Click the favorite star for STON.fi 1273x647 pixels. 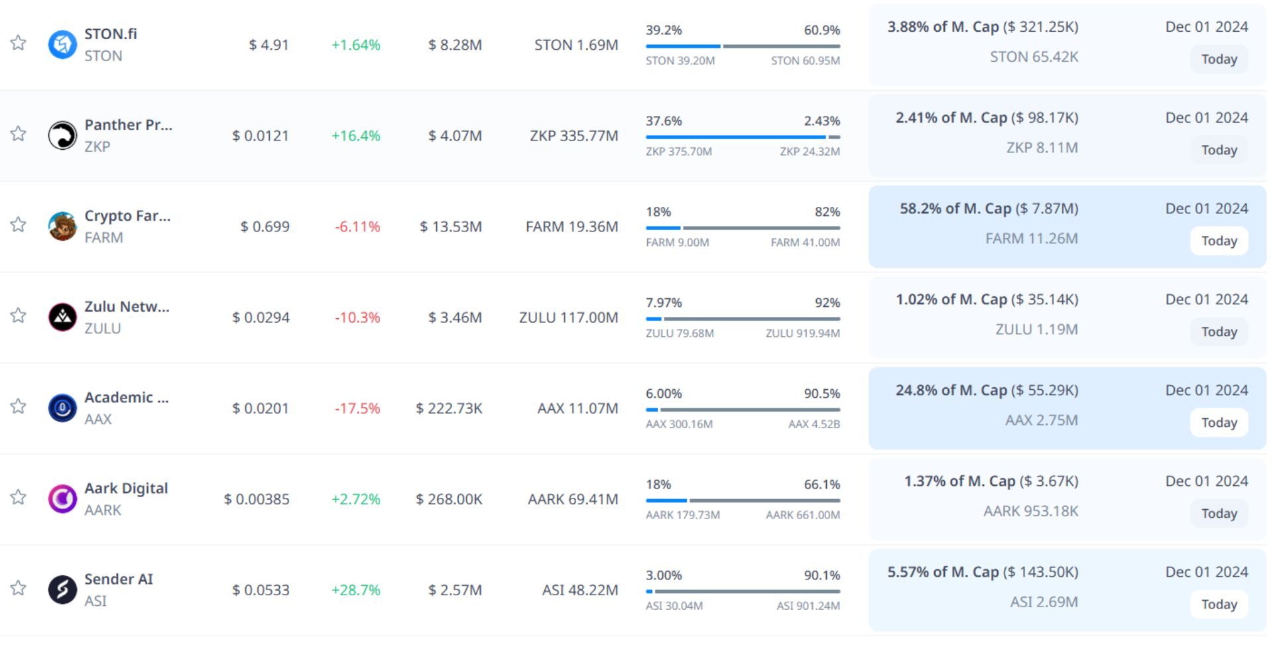[x=18, y=43]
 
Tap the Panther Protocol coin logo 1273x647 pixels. [x=62, y=135]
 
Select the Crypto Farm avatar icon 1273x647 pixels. [x=62, y=227]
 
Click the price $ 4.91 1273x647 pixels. [x=269, y=45]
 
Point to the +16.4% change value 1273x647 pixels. [x=355, y=136]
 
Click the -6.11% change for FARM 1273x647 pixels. [x=357, y=227]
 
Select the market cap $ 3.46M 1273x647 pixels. [x=455, y=318]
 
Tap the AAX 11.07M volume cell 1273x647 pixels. [x=577, y=408]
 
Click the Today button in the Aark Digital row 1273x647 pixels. [x=1219, y=513]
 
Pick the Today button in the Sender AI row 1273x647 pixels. [x=1219, y=604]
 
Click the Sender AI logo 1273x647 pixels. [x=62, y=589]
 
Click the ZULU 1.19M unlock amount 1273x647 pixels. [x=1036, y=329]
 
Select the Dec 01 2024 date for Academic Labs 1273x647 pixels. [x=1206, y=390]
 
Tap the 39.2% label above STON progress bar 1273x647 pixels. [x=664, y=30]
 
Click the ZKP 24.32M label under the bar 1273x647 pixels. [x=810, y=152]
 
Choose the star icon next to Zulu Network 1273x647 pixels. [x=18, y=316]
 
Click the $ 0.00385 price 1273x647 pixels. [x=257, y=499]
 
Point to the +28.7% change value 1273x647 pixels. [x=355, y=590]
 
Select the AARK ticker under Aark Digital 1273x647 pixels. [x=103, y=510]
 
